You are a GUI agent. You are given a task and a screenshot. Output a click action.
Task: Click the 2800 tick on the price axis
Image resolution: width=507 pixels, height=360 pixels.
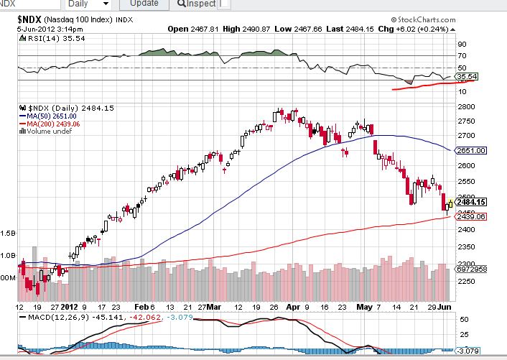(465, 106)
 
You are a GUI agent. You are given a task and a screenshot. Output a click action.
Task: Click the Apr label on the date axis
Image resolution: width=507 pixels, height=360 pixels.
(291, 305)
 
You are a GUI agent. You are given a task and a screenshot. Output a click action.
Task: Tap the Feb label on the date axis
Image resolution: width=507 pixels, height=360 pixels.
(140, 305)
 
